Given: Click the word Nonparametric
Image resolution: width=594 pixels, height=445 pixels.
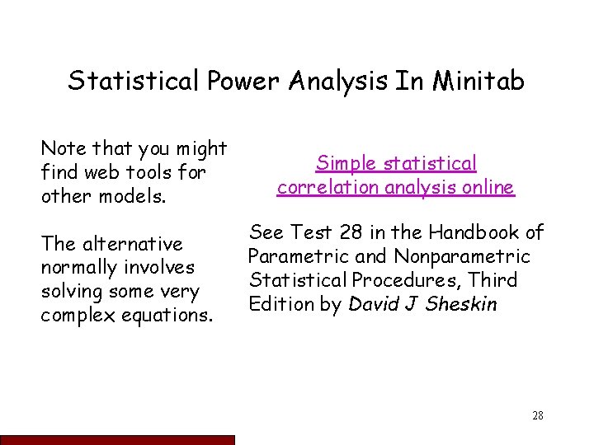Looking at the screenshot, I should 468,255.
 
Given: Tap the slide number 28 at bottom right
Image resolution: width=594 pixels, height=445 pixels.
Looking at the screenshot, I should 537,415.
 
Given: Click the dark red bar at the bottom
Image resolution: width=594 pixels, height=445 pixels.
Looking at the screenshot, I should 117,438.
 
